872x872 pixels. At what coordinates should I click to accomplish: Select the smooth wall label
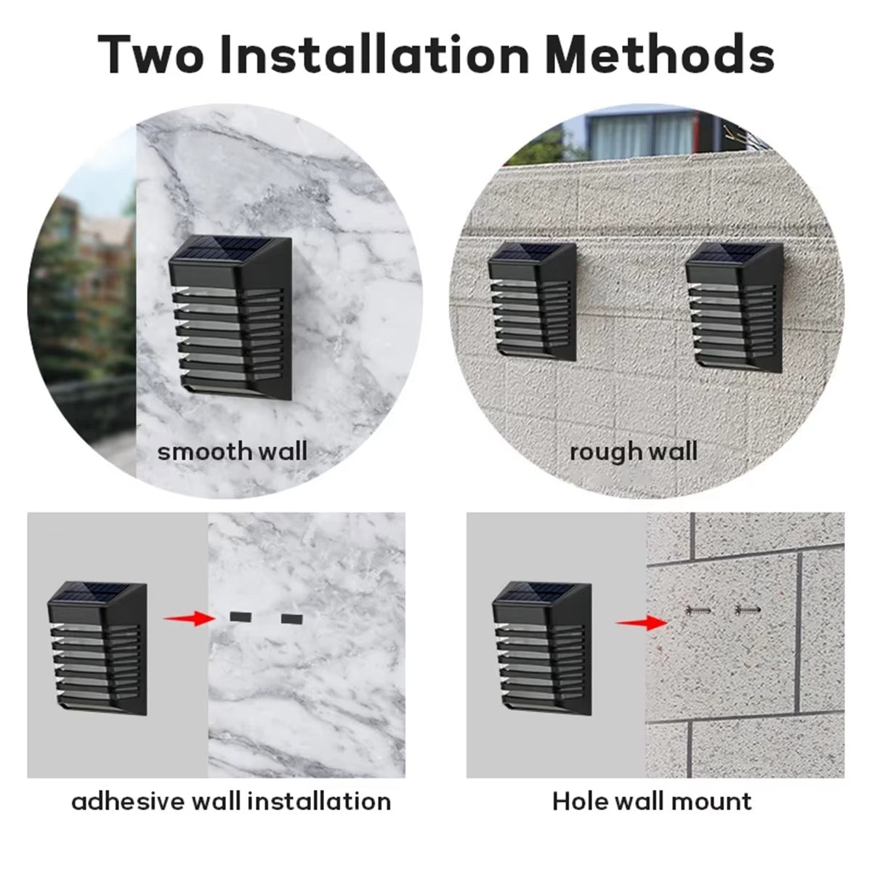coord(232,451)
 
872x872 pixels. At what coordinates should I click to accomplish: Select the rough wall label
coord(634,452)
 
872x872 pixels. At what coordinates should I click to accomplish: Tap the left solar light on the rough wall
coord(533,302)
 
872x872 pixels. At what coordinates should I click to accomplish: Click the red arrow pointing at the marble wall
coord(187,618)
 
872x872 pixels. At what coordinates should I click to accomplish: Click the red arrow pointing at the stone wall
coord(642,623)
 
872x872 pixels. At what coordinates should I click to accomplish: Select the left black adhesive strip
coord(240,616)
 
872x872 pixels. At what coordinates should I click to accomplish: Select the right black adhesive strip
coord(292,618)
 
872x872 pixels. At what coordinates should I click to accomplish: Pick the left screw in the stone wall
coord(698,611)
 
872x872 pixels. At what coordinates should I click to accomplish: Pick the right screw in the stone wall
coord(748,610)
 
